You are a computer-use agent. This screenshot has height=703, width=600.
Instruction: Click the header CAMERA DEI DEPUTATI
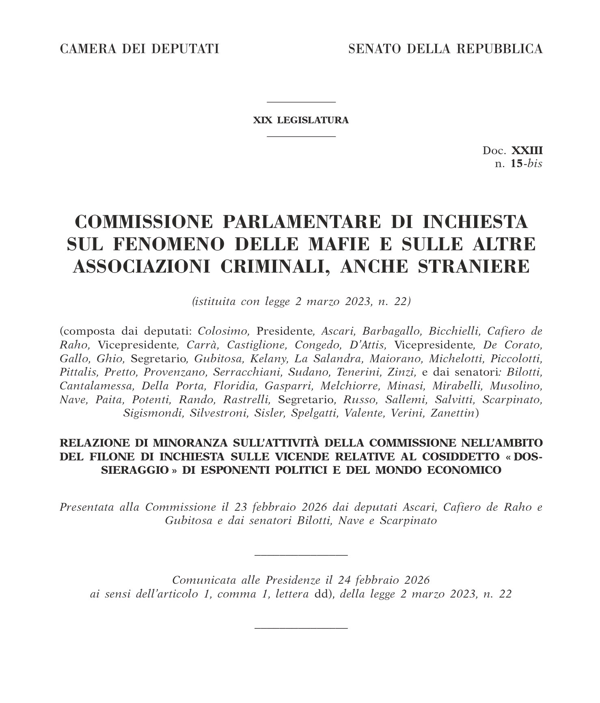point(139,49)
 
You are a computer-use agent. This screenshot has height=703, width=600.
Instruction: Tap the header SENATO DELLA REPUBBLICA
point(445,49)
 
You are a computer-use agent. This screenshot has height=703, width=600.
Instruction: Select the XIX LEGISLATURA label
point(301,120)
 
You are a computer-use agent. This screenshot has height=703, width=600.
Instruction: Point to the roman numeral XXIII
point(527,150)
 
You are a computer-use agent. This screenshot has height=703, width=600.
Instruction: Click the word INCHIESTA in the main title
point(475,222)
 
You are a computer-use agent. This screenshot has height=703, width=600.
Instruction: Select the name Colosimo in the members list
point(223,331)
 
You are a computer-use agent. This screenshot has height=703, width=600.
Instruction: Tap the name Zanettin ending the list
point(452,413)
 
